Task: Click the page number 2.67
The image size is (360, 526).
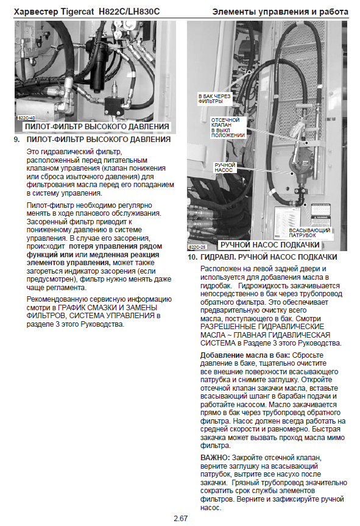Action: click(180, 518)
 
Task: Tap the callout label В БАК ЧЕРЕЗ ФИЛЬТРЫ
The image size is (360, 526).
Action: click(214, 99)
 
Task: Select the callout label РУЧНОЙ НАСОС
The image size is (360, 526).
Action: click(225, 168)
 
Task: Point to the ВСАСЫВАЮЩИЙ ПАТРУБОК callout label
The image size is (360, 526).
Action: click(309, 233)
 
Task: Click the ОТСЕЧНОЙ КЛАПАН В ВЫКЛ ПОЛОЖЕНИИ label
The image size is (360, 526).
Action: click(228, 127)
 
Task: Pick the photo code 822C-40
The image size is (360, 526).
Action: click(26, 118)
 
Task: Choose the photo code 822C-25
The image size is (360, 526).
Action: click(197, 247)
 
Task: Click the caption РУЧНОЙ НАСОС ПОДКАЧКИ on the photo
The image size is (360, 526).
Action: click(269, 245)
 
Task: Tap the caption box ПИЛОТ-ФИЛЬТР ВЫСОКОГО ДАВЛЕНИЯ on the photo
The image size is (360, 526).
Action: click(97, 127)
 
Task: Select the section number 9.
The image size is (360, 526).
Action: click(17, 140)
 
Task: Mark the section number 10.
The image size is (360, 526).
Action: click(192, 257)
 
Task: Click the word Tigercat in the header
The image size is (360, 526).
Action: click(77, 12)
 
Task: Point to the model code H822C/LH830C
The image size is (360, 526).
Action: click(129, 12)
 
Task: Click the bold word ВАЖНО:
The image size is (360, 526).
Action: click(215, 458)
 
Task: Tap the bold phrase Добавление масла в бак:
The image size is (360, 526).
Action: click(245, 355)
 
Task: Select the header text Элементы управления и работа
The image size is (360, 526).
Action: click(280, 12)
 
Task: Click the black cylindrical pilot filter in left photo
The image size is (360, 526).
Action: click(99, 67)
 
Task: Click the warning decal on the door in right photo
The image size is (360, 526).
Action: click(321, 215)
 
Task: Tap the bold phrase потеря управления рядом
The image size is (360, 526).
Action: click(115, 246)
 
